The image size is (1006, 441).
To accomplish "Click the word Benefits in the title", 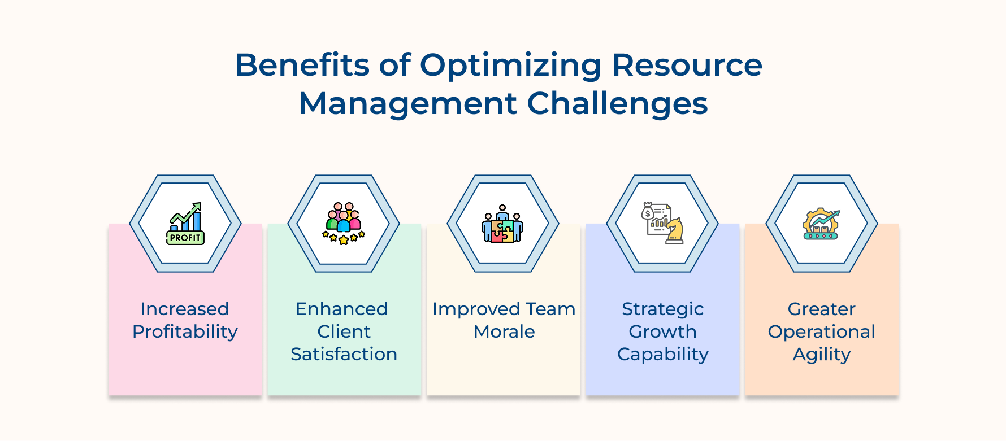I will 302,65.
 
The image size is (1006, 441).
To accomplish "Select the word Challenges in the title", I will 617,104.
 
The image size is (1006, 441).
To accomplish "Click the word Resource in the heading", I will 687,65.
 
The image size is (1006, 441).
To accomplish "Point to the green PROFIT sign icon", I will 185,238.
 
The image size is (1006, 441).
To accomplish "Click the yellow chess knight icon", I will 675,230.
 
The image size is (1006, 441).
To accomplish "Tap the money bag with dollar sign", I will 648,212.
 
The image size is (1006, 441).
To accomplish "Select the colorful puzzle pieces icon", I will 502,230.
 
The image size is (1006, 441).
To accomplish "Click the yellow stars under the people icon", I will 344,237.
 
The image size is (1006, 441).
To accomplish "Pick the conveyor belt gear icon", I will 821,224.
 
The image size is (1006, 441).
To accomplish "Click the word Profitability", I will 185,331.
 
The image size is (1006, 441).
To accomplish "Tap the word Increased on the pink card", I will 185,309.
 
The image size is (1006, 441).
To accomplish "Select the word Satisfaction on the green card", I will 344,354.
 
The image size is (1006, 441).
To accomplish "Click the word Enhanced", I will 341,309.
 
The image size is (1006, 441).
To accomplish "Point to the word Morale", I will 504,331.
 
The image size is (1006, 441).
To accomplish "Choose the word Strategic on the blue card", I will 662,309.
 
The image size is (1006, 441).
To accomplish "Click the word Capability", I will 662,355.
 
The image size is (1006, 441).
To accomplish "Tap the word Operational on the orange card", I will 821,332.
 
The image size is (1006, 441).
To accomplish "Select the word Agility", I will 821,355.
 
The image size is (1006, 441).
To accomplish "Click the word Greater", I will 821,309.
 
